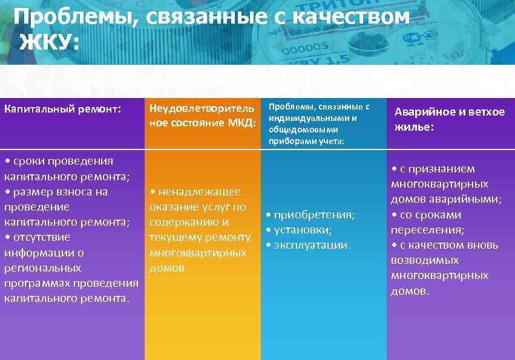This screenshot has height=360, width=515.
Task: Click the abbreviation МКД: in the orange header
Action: (240, 123)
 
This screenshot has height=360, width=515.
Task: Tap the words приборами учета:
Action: (306, 141)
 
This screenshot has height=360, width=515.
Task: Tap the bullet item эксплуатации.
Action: (312, 245)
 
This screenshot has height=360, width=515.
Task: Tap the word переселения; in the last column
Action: (428, 230)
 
